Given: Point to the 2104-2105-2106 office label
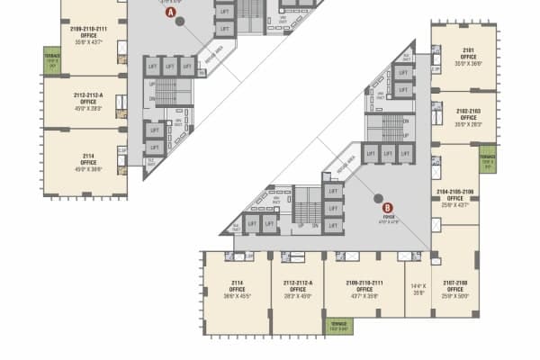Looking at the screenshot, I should pos(454,199).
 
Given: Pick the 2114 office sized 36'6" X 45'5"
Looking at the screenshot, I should pos(237,289).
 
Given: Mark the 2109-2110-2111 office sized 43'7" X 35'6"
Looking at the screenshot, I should pos(364,289).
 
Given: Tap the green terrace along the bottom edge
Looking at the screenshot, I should pos(337,326).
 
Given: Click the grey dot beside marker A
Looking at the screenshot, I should pos(180,21).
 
